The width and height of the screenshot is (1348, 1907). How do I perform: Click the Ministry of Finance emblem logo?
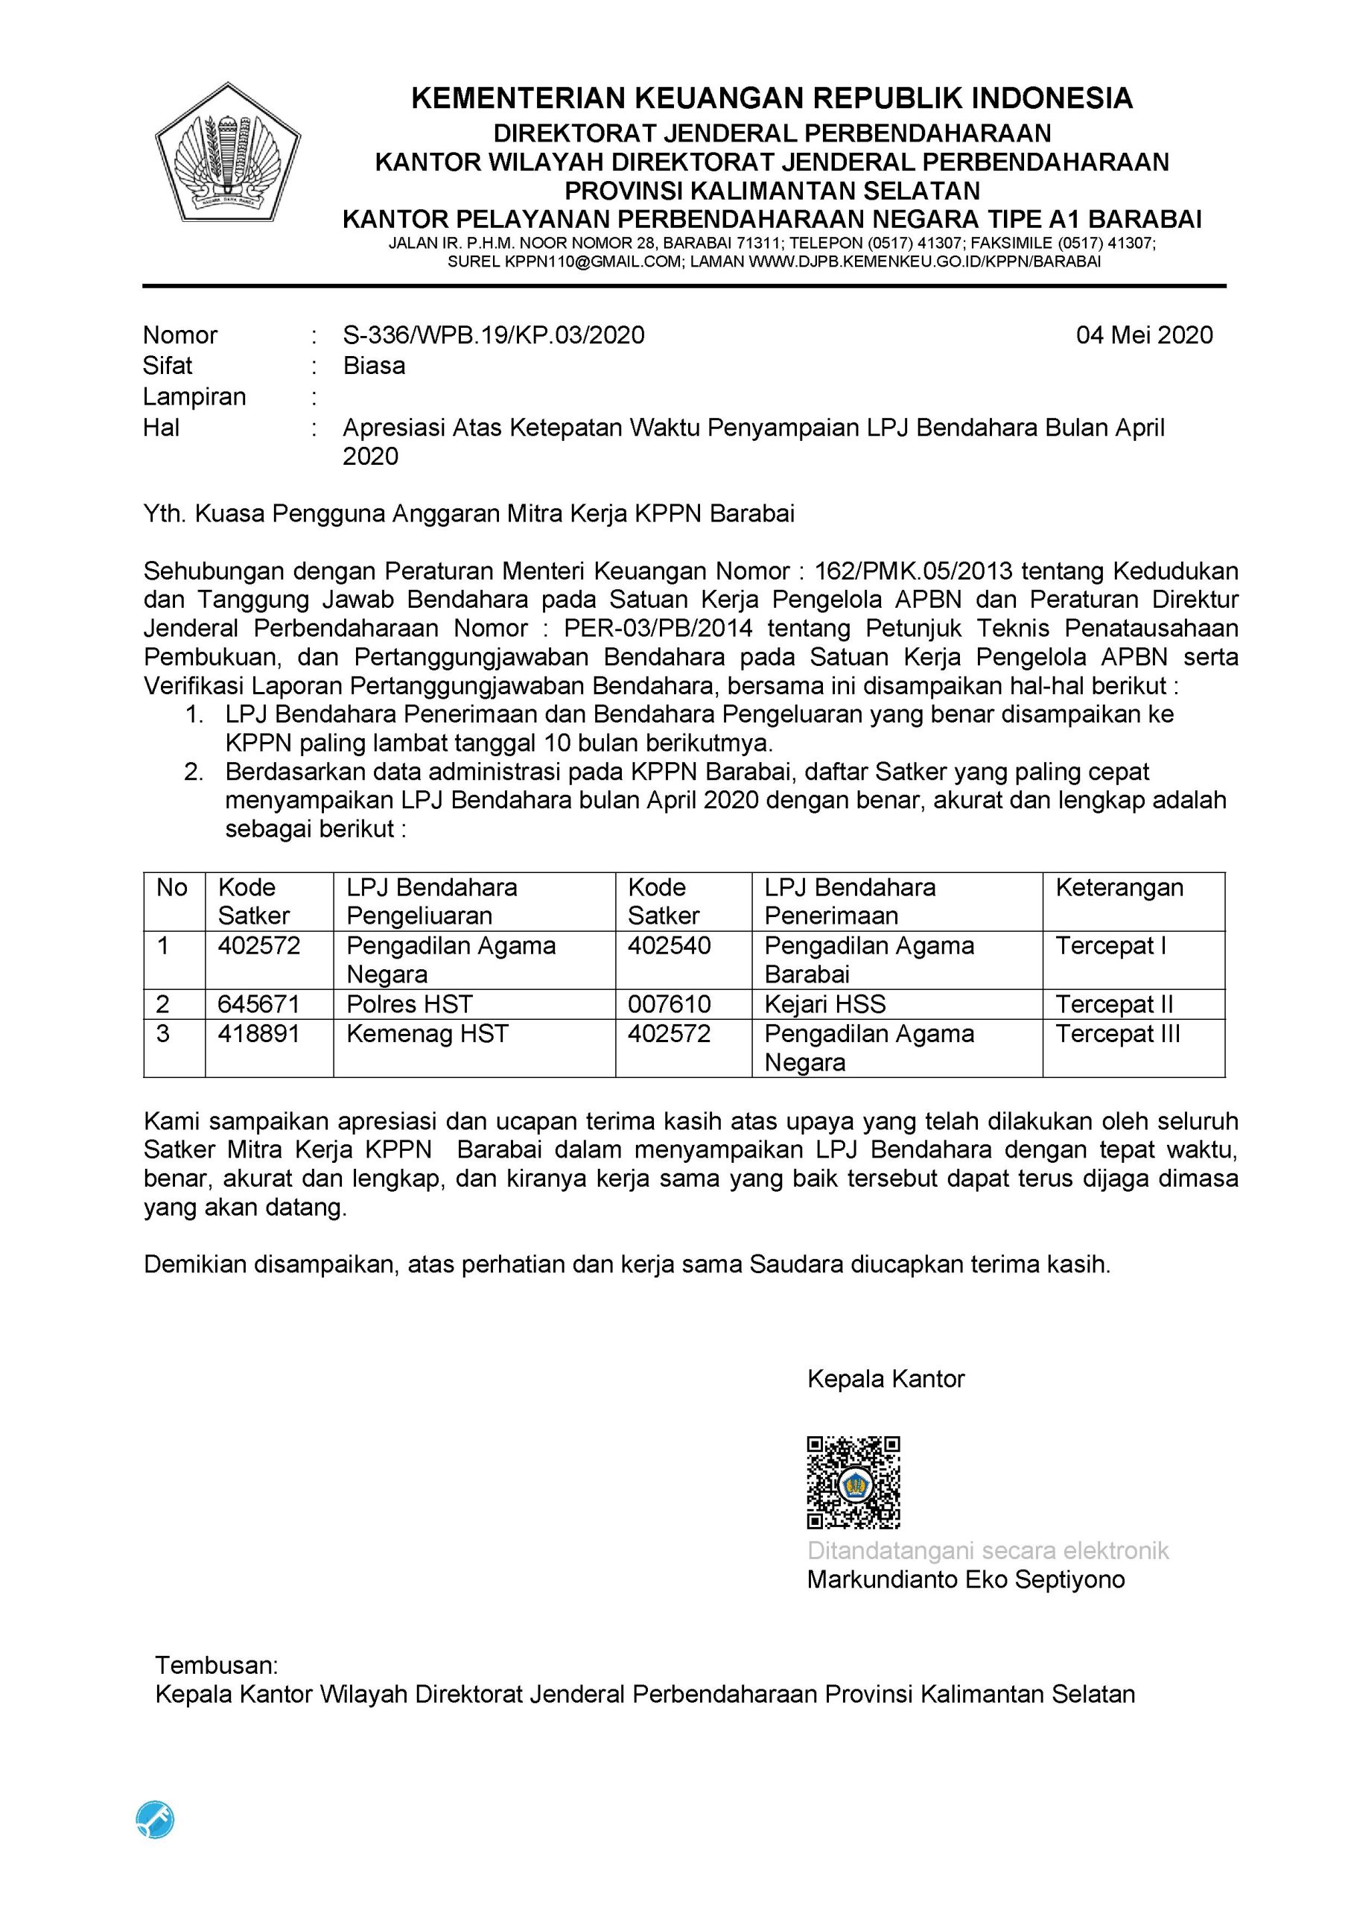[228, 152]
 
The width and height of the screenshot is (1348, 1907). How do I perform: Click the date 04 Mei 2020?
[1144, 334]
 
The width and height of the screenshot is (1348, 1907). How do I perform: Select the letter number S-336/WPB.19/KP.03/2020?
[493, 334]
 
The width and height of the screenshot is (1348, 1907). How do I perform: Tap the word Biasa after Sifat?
[374, 366]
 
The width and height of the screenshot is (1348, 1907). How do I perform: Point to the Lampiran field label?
[194, 396]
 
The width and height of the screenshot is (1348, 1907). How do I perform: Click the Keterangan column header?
[1119, 887]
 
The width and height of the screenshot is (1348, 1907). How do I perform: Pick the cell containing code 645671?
[258, 1004]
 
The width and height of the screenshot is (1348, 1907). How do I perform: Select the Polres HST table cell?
[410, 1004]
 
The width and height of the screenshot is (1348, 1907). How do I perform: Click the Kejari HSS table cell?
[824, 1004]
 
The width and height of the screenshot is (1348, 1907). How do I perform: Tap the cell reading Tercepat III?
[1117, 1034]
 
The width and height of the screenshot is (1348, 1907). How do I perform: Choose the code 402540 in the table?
[669, 946]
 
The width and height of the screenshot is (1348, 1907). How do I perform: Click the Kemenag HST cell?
[427, 1034]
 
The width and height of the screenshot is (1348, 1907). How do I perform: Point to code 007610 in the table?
[669, 1004]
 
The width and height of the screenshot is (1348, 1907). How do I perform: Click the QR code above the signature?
[853, 1482]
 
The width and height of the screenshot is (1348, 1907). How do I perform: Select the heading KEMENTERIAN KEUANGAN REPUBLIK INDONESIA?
[772, 99]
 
